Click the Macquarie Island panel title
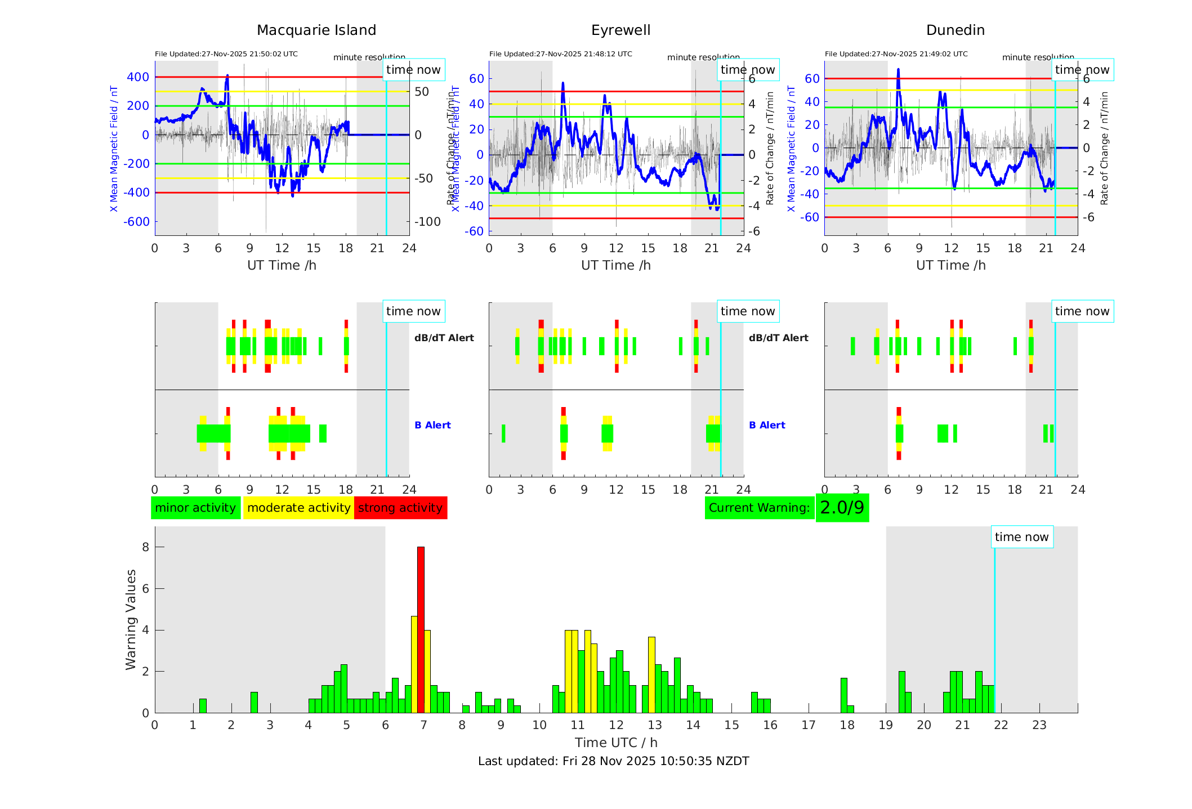(x=316, y=30)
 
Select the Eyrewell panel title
(x=620, y=30)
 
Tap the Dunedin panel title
(x=955, y=30)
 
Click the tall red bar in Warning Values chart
(x=421, y=629)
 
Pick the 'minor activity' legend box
(x=195, y=508)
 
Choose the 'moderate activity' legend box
(x=298, y=508)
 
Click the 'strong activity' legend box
(x=400, y=508)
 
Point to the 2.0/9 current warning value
(x=842, y=508)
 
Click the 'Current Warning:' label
(x=759, y=508)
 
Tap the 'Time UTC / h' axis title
(x=616, y=743)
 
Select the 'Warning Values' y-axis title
(x=131, y=619)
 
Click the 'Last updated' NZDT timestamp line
(x=613, y=761)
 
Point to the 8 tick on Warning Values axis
(x=145, y=547)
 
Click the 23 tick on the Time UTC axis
(x=1039, y=725)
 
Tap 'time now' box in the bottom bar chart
(x=1021, y=537)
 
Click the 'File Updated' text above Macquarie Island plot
(x=226, y=54)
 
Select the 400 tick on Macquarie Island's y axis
(x=138, y=77)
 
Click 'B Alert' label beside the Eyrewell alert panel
(x=767, y=425)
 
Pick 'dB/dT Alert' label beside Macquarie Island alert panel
(x=444, y=338)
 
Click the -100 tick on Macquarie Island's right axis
(x=427, y=222)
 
